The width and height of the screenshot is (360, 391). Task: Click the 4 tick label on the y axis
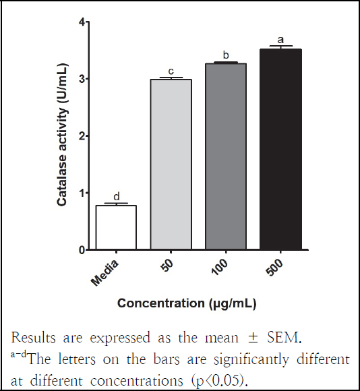tap(82, 22)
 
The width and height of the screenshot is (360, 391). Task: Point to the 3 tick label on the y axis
tap(82, 80)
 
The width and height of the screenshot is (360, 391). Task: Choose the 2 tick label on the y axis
tap(82, 136)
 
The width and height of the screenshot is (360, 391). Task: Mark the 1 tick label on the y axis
tap(82, 193)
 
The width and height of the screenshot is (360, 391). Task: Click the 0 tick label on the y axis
tap(82, 250)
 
